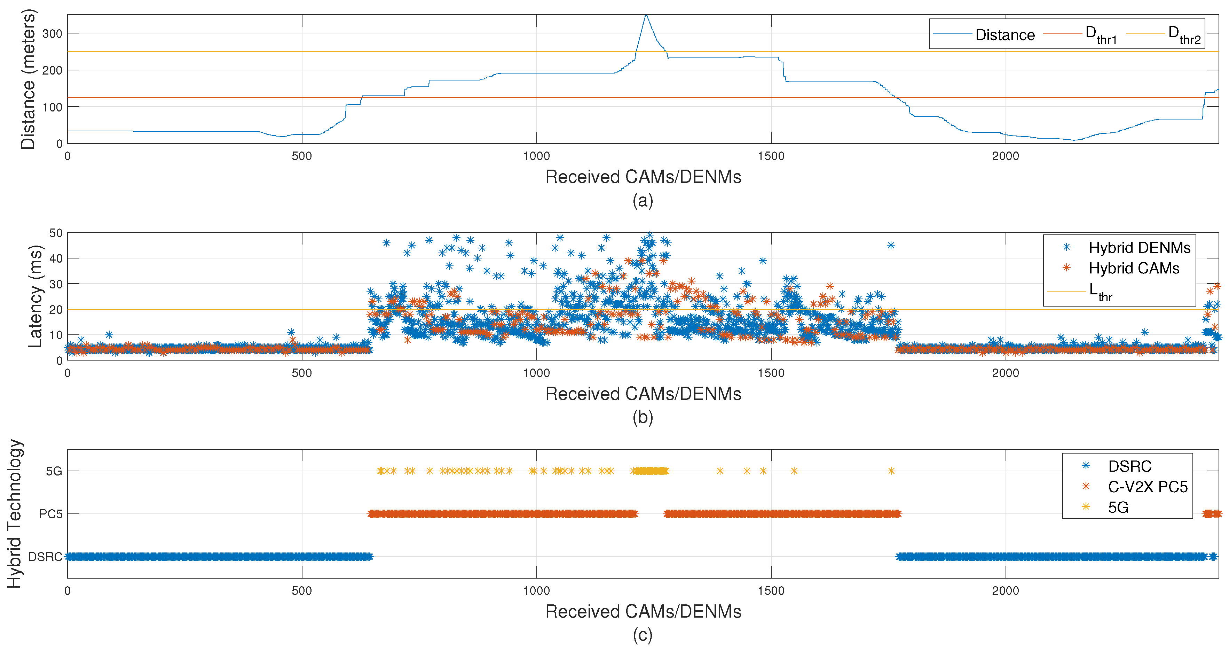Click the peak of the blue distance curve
coord(646,15)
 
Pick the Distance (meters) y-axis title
coord(28,79)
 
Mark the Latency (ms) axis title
coord(34,296)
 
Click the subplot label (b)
coord(642,417)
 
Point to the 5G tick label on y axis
coord(54,471)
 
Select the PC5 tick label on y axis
coord(50,514)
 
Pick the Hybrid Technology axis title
coord(14,513)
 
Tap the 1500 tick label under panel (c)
coord(771,591)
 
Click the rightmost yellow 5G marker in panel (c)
coord(891,471)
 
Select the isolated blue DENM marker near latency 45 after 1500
coord(891,246)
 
